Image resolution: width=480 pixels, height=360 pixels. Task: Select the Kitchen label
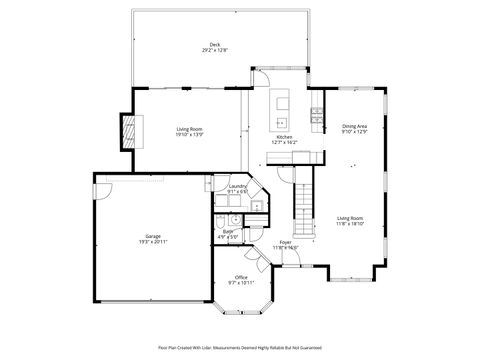(284, 137)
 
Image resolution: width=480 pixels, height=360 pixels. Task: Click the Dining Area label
(355, 126)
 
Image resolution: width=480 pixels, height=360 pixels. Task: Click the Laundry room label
(237, 186)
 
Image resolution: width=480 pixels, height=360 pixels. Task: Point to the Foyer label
(285, 242)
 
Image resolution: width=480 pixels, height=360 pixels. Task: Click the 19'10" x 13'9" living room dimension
(190, 133)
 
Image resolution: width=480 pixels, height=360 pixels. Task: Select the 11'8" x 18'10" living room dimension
(350, 223)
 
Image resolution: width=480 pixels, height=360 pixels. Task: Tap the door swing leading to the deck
(258, 83)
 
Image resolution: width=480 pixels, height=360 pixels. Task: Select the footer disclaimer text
(240, 347)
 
